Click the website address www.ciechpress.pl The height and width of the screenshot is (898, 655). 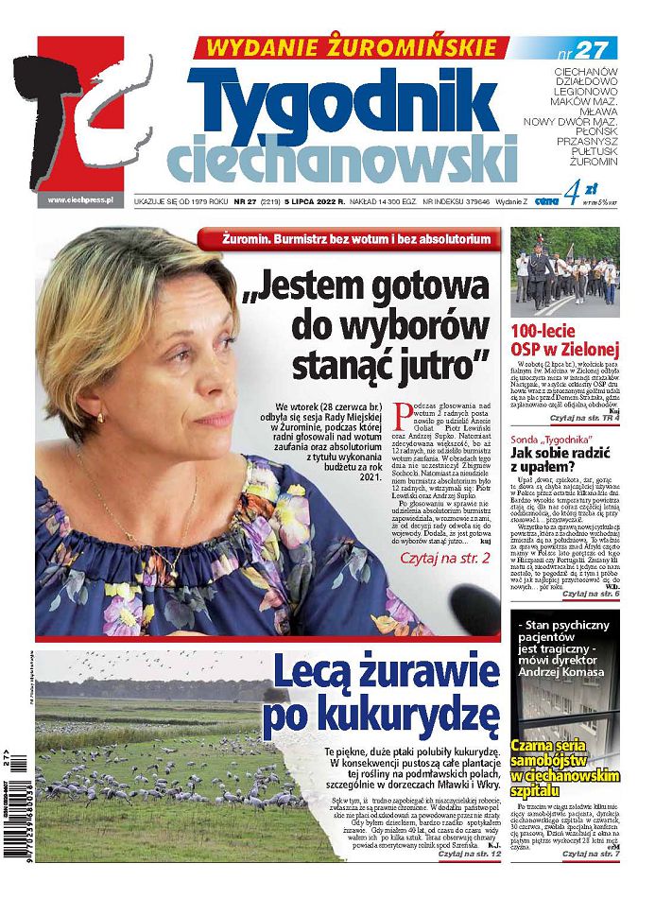pyautogui.click(x=80, y=199)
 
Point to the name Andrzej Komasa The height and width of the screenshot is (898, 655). pyautogui.click(x=564, y=698)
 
